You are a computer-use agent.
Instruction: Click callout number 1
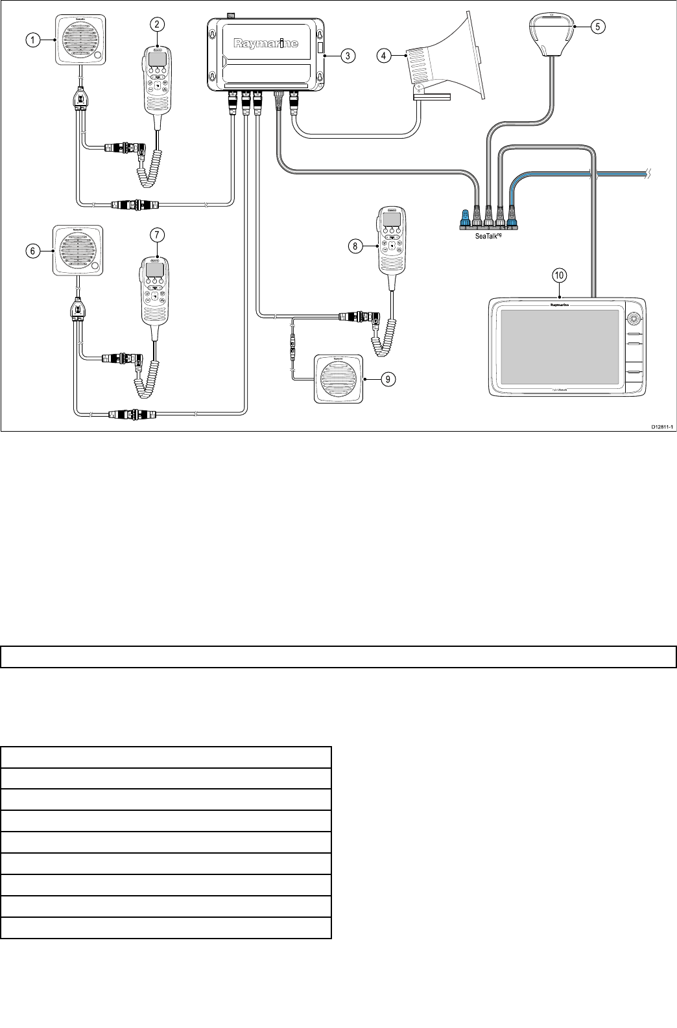30,40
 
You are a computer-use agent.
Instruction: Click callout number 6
30,251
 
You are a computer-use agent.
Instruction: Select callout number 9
386,379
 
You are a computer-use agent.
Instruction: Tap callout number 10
559,275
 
